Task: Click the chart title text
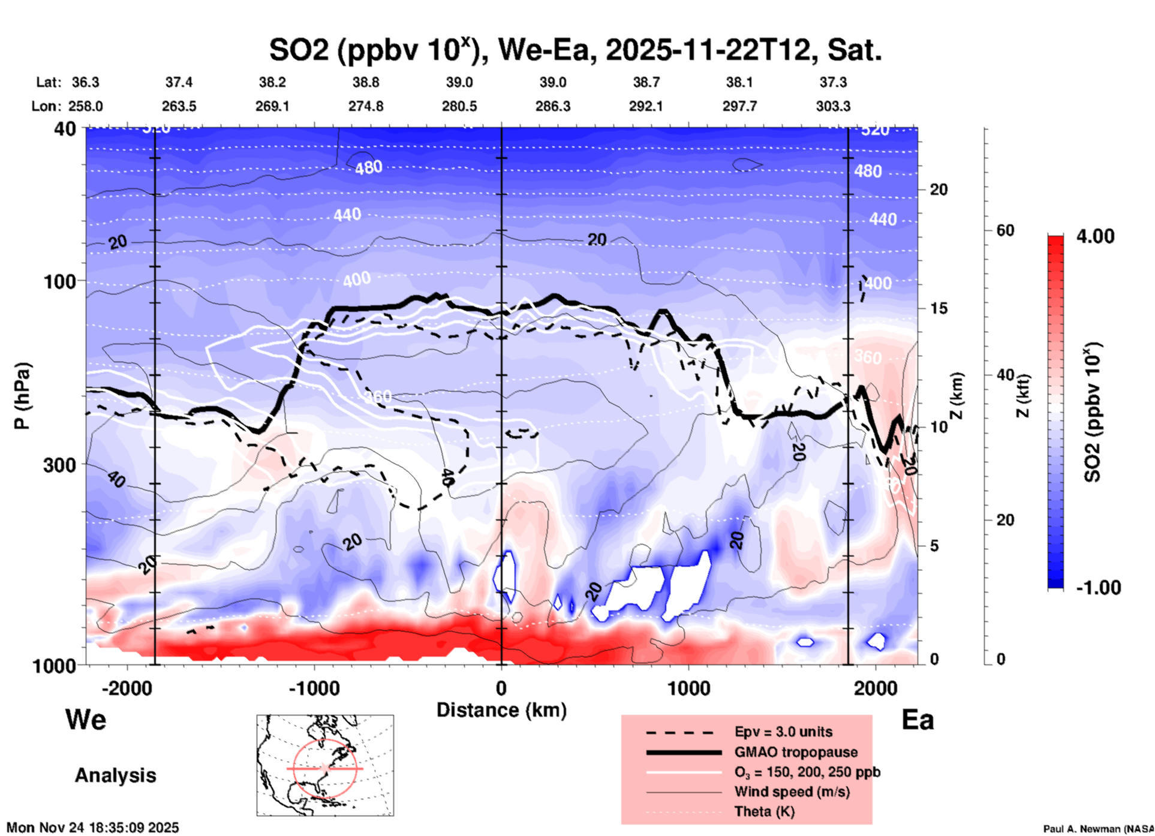[x=575, y=50]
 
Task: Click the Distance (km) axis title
[x=501, y=710]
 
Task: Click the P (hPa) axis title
[x=22, y=396]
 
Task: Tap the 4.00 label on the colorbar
[x=1095, y=236]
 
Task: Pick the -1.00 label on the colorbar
[x=1097, y=588]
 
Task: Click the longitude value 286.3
[x=553, y=107]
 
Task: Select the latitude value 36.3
[x=85, y=82]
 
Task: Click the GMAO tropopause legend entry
[x=796, y=752]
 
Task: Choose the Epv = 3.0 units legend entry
[x=783, y=732]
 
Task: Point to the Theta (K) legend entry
[x=764, y=811]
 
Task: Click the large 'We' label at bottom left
[x=86, y=720]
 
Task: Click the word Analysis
[x=115, y=775]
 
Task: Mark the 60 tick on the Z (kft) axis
[x=1005, y=230]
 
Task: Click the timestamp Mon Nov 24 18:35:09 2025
[x=93, y=828]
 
